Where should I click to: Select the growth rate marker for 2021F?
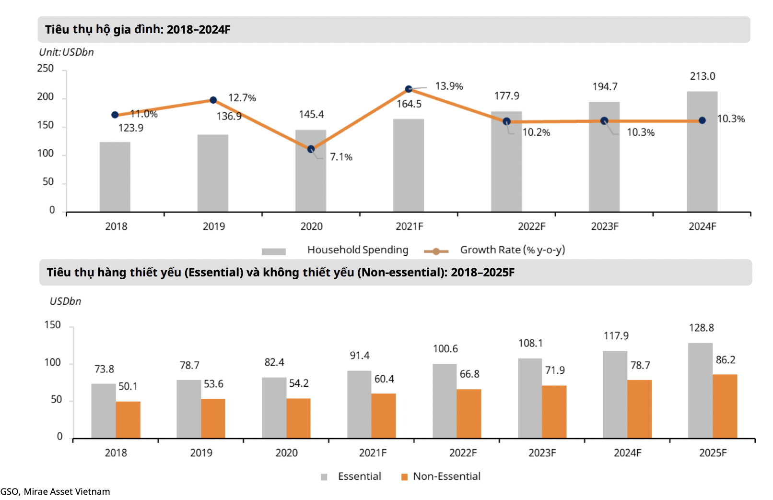[x=409, y=89]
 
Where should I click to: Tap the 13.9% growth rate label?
[x=449, y=86]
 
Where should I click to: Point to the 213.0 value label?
[x=703, y=76]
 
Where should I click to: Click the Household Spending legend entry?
[x=357, y=250]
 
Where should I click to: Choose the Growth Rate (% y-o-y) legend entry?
[x=512, y=250]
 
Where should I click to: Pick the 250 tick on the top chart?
[x=46, y=69]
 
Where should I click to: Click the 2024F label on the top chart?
[x=702, y=226]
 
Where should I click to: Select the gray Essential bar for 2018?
[x=104, y=411]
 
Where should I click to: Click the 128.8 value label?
[x=701, y=328]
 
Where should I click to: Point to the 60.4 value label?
[x=384, y=379]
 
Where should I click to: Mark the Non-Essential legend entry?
[x=446, y=476]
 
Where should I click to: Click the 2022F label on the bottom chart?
[x=463, y=453]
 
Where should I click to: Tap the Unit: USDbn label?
[x=66, y=52]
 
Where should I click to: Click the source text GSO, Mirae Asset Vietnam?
[x=55, y=492]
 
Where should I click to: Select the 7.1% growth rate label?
[x=341, y=157]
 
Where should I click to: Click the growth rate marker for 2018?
[x=115, y=115]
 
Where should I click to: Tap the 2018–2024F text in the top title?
[x=199, y=30]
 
